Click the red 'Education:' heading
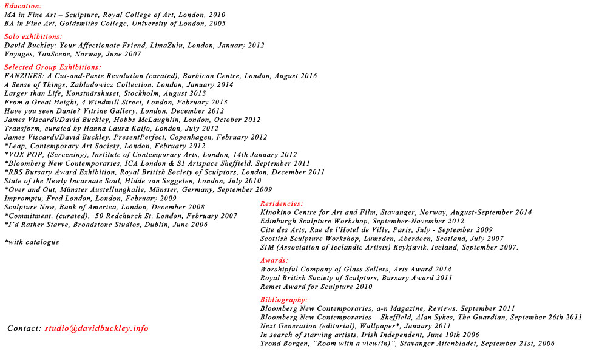pos(23,6)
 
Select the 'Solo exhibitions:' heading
pos(33,37)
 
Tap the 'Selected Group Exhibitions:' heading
pos(53,67)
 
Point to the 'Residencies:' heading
pos(282,204)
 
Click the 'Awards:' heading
pos(274,260)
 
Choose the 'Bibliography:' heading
pos(284,300)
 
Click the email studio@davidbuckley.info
pos(96,328)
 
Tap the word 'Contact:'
pos(24,328)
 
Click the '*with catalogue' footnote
pos(32,242)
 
